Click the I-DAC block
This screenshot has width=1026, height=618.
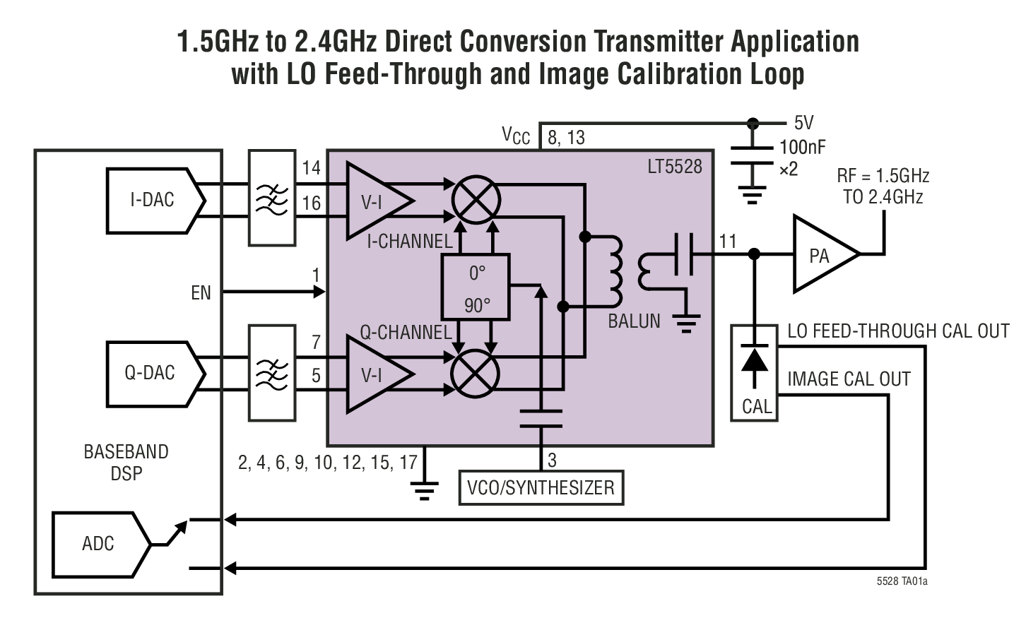[x=153, y=200]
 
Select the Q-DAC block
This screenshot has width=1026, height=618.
[x=151, y=373]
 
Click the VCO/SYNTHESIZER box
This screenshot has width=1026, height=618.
[x=541, y=487]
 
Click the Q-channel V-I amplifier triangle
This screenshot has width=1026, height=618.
[x=375, y=374]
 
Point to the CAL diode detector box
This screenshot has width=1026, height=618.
[x=755, y=373]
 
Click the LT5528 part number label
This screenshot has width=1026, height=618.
[x=675, y=167]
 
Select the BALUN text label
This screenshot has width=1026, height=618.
[x=634, y=321]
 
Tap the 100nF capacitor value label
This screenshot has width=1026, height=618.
[x=802, y=148]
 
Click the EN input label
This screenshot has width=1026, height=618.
[x=201, y=292]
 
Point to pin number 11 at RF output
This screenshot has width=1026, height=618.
[x=727, y=242]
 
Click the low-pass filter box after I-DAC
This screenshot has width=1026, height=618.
[x=272, y=198]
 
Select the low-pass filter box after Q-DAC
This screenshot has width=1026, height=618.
[x=272, y=372]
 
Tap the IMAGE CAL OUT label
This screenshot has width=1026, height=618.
[x=849, y=379]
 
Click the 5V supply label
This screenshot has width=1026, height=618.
[x=803, y=123]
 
